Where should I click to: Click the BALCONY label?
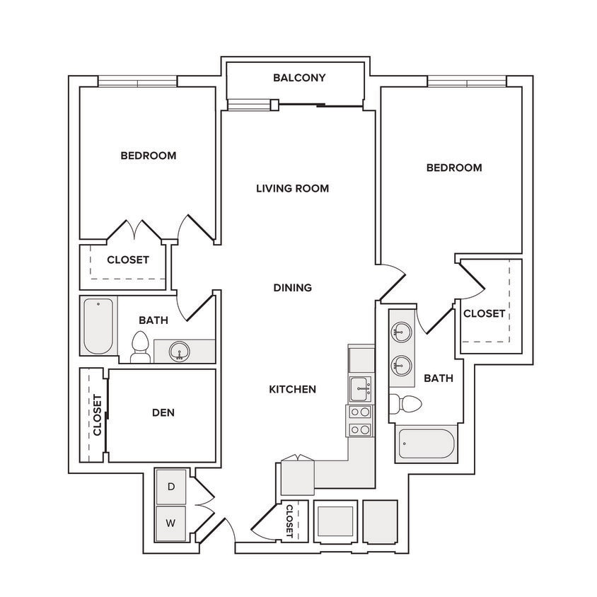click(x=299, y=78)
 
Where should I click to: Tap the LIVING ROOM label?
click(x=292, y=188)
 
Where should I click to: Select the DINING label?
click(x=292, y=287)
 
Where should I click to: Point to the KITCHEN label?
click(x=292, y=389)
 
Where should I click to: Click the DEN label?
click(x=163, y=412)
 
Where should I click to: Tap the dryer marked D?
click(x=171, y=487)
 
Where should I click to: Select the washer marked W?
click(x=171, y=523)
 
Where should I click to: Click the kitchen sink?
click(x=359, y=389)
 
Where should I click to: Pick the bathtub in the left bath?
click(x=98, y=326)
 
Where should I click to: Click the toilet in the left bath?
click(x=140, y=347)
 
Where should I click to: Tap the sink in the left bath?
click(x=180, y=351)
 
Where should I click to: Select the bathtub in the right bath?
click(x=426, y=444)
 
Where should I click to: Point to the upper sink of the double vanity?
click(x=402, y=332)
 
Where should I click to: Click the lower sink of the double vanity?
click(x=402, y=365)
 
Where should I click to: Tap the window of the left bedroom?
click(x=138, y=81)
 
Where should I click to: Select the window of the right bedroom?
click(x=467, y=81)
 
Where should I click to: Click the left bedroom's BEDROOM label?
click(x=149, y=156)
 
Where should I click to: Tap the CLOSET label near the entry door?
click(x=289, y=521)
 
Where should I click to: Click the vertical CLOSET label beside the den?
click(x=98, y=415)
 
